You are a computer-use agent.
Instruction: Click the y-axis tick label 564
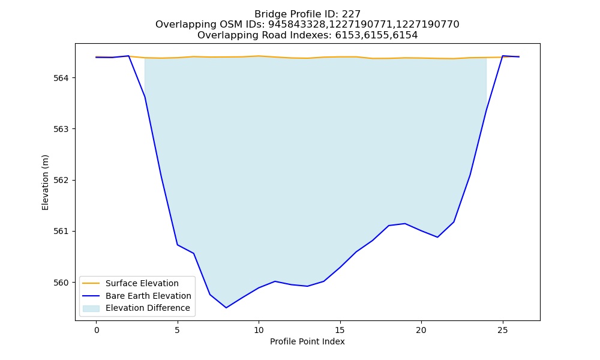point(61,78)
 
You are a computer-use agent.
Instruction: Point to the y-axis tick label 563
point(61,130)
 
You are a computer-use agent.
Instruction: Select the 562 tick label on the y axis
point(61,180)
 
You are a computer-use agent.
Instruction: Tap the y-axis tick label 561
point(61,232)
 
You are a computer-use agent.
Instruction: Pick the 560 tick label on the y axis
point(61,283)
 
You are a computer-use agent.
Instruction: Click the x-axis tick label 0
point(97,330)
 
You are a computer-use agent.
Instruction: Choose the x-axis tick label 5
point(178,330)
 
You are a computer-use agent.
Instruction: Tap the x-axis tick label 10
point(259,330)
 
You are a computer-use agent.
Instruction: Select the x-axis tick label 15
point(340,330)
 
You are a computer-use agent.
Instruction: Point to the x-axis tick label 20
point(421,330)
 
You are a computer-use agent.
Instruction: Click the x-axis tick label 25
point(503,330)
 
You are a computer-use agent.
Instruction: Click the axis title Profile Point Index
point(307,341)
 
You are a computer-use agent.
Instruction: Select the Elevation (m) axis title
point(45,182)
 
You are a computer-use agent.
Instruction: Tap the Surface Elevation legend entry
point(142,283)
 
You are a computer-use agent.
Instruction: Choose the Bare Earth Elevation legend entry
point(148,296)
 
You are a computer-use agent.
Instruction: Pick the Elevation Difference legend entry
point(148,308)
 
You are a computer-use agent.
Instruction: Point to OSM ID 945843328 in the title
point(296,25)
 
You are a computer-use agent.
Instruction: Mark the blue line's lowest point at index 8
point(226,308)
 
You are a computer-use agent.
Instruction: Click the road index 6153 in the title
point(347,35)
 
